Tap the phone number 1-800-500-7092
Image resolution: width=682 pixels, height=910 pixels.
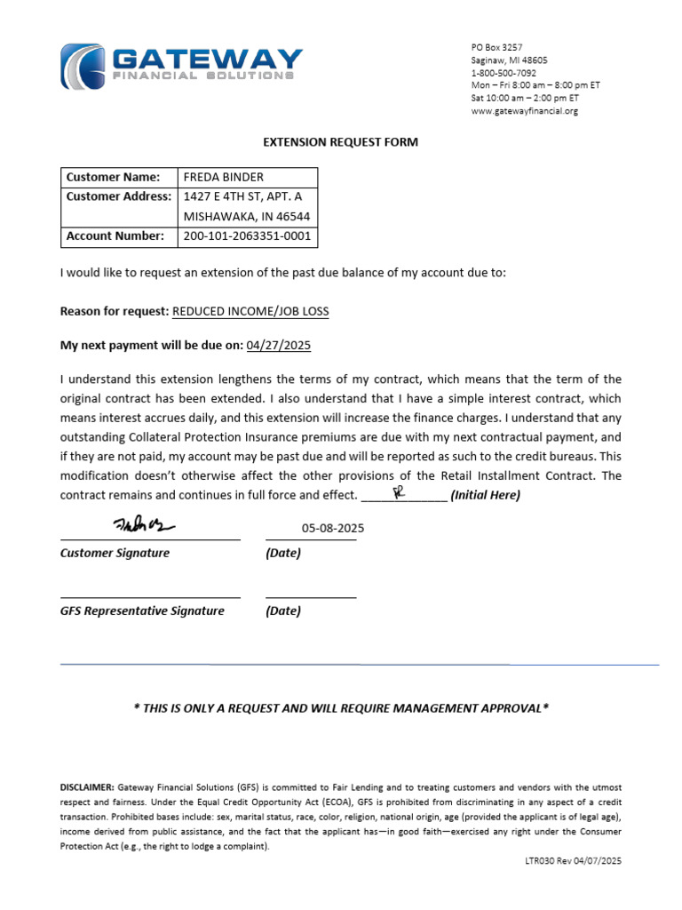tap(503, 73)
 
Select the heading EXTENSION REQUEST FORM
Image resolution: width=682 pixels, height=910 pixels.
tap(340, 142)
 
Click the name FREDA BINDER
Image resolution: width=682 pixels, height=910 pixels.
tap(224, 177)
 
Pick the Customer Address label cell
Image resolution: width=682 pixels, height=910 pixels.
tap(118, 196)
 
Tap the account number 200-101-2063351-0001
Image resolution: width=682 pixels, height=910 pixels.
tap(247, 236)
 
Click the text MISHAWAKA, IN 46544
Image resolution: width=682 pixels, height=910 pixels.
tap(247, 216)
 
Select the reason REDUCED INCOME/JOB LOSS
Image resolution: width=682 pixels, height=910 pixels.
tap(250, 311)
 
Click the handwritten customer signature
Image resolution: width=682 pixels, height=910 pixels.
tap(144, 525)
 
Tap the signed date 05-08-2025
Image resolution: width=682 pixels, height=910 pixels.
tap(333, 528)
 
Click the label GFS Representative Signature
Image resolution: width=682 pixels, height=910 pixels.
tap(142, 611)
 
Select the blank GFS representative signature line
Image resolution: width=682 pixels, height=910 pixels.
tap(149, 596)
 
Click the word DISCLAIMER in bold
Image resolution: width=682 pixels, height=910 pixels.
tap(87, 788)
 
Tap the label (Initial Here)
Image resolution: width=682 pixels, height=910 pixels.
tap(486, 495)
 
